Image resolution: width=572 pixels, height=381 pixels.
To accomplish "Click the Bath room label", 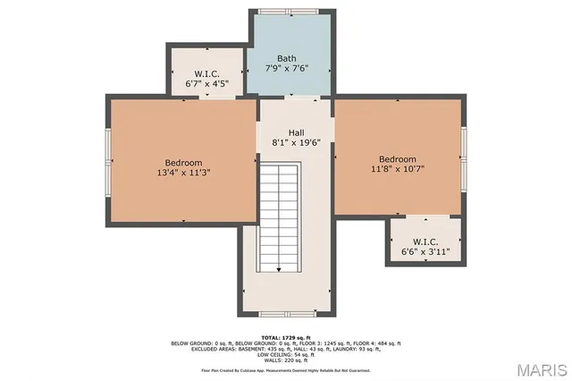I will (x=287, y=57).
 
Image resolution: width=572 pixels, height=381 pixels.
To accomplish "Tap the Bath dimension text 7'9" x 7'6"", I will (x=287, y=68).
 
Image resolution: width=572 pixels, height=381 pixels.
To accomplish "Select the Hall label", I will (x=296, y=132).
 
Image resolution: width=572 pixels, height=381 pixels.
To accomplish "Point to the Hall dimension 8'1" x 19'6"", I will (x=296, y=143).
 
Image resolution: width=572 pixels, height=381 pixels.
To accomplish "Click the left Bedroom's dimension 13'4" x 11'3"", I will (x=183, y=173).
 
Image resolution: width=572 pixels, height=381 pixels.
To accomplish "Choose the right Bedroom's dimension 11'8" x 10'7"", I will (x=398, y=170).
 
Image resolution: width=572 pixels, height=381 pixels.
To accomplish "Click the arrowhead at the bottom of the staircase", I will (x=280, y=268).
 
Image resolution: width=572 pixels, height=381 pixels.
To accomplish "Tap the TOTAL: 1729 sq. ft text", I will (x=286, y=336).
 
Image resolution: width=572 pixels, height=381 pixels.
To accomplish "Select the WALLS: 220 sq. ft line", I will (x=286, y=360).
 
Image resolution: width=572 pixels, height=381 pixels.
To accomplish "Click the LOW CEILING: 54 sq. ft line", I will (x=286, y=354).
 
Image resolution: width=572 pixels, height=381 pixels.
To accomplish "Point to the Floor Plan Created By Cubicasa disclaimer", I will (x=286, y=369).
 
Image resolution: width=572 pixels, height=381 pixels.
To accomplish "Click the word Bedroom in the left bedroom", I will (x=183, y=162).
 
